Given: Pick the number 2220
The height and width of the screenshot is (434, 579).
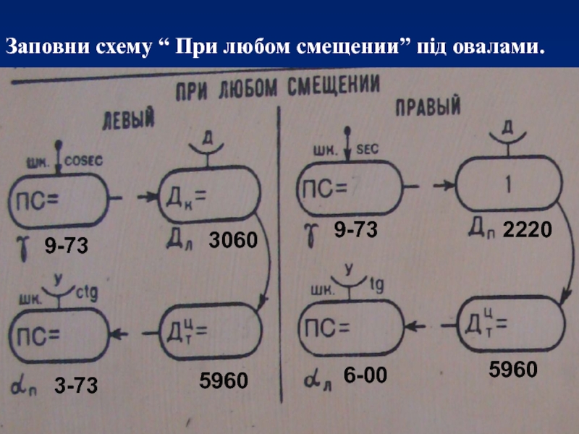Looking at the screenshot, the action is tap(527, 231).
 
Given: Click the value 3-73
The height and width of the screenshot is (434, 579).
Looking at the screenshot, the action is tap(76, 387).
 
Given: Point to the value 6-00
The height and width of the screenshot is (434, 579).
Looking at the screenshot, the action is tap(365, 375).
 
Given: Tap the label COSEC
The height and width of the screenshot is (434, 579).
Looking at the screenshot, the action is tap(85, 162).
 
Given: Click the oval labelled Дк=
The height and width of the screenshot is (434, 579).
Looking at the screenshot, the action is tap(208, 196).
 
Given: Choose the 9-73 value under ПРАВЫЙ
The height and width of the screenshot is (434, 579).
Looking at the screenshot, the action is tap(356, 231).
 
